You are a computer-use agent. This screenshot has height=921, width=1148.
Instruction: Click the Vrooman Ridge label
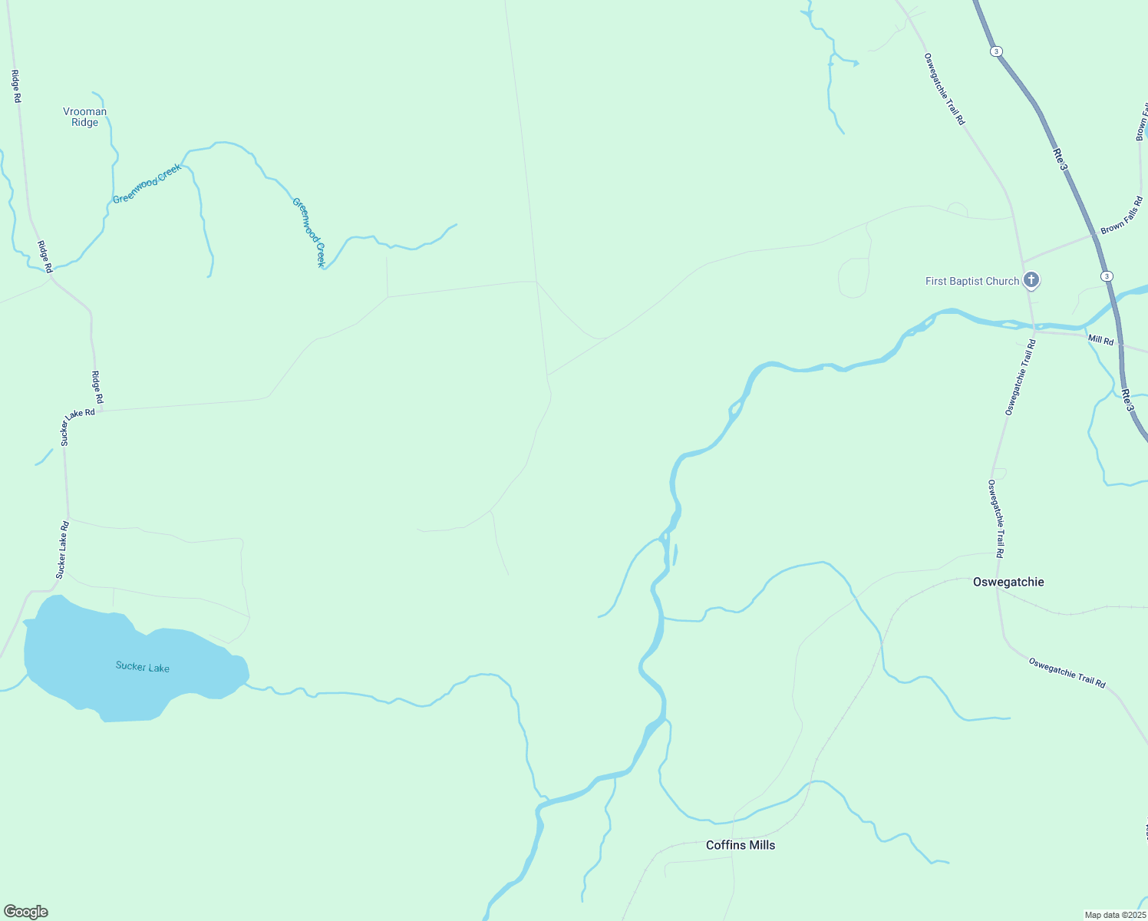84,117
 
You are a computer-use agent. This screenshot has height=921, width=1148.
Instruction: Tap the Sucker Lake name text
143,667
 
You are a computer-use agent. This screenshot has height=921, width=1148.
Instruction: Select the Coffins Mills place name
741,845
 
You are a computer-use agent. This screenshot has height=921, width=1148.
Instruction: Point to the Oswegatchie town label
1008,582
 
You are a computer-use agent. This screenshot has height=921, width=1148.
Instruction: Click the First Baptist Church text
972,281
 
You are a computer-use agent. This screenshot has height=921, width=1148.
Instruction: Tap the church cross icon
1031,280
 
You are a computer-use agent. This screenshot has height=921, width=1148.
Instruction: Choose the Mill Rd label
1100,340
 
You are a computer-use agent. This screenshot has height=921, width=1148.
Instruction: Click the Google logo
26,912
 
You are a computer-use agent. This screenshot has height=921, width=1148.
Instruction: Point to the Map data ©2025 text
1115,915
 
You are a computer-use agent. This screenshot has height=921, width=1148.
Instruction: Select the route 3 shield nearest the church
1106,276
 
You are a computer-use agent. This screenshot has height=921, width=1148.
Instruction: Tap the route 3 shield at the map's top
996,51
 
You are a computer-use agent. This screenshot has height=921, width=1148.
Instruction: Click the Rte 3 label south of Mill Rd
1127,400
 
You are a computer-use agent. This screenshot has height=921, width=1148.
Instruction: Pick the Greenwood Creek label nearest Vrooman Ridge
147,183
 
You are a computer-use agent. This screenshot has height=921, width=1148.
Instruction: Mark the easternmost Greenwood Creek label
309,233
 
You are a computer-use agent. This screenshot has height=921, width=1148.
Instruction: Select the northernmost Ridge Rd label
15,86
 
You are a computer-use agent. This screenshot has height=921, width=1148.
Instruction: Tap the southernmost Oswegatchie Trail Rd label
1067,672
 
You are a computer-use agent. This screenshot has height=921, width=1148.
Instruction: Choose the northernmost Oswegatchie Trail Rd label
944,88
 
